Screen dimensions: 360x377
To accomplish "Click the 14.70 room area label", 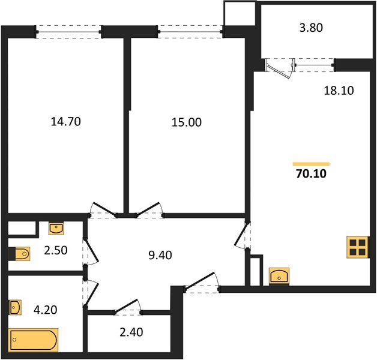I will (66, 122).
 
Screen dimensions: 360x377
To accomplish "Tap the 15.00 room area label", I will (187, 122).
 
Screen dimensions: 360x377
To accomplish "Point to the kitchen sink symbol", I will (280, 277).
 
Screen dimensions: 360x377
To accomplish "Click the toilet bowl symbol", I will (20, 255).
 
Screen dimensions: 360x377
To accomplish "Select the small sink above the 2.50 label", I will (56, 229).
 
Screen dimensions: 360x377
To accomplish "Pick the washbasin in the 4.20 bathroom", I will (16, 308).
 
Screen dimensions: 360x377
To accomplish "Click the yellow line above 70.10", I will (311, 164).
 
